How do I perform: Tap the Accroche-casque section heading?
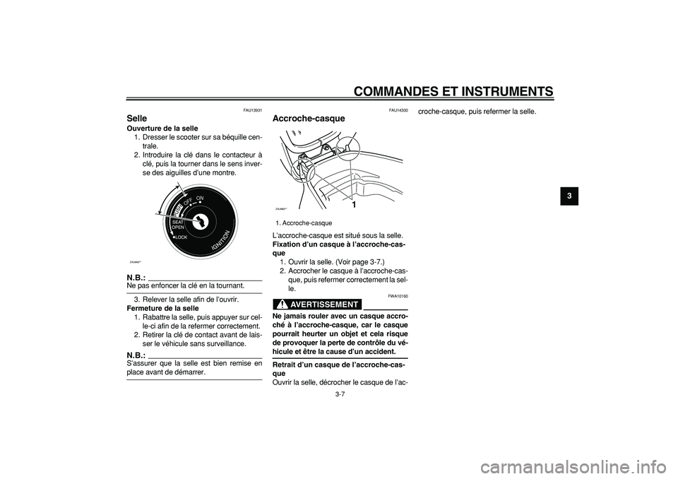pyautogui.click(x=309, y=119)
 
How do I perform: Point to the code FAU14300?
pyautogui.click(x=398, y=110)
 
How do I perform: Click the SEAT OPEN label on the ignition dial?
pyautogui.click(x=178, y=225)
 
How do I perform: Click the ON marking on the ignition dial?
pyautogui.click(x=200, y=199)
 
